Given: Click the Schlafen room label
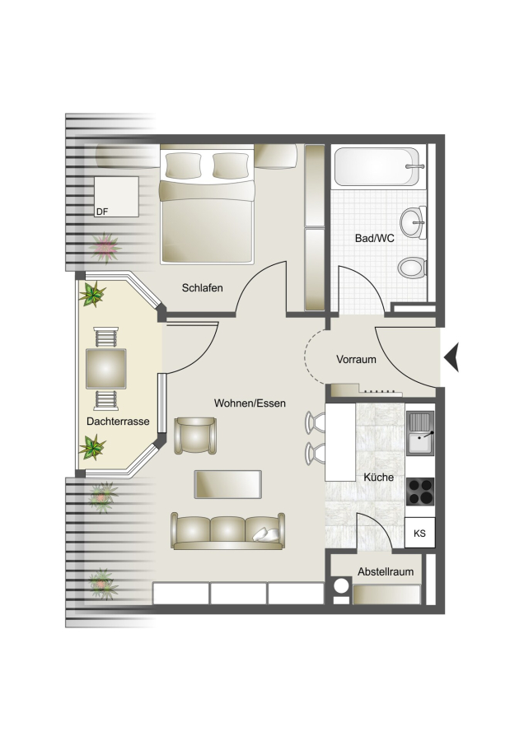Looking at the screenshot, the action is click(202, 288).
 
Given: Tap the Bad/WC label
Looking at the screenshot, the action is click(375, 238).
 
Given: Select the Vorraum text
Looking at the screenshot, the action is click(356, 359).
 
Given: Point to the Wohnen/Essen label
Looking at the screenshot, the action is click(250, 403).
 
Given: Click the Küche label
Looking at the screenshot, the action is click(378, 477).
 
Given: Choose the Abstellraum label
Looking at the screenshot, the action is click(386, 572).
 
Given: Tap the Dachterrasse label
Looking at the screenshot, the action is click(118, 421).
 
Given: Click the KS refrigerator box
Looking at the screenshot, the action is click(419, 533).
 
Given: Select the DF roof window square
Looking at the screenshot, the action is click(116, 197).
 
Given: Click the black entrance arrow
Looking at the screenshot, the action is click(451, 358).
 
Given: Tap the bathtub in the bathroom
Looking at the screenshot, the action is click(377, 167).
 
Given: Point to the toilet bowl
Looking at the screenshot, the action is click(412, 268).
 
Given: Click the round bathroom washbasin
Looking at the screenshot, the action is click(414, 222).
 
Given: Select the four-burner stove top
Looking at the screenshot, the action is click(420, 492).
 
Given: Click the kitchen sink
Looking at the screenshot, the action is click(419, 433).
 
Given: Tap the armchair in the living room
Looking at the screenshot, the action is click(195, 436).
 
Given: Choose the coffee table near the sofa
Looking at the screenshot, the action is click(228, 484).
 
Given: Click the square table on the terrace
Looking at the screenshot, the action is click(106, 369).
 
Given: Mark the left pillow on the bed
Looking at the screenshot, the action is click(183, 165).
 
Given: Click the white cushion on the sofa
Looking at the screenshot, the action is click(265, 534).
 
